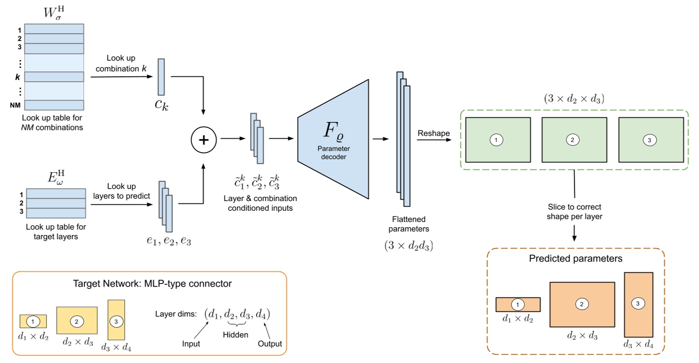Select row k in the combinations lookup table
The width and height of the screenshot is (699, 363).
54,77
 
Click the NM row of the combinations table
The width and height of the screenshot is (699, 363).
54,105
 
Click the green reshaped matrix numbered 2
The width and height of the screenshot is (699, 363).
574,140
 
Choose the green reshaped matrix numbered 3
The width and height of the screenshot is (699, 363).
651,140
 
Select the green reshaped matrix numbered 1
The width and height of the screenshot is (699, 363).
497,140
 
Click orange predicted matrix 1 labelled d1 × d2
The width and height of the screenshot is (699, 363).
518,304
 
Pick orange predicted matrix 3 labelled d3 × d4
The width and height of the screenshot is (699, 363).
638,304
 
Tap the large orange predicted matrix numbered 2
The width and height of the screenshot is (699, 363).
582,304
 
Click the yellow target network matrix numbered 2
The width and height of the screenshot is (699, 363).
77,321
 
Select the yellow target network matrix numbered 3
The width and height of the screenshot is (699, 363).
116,320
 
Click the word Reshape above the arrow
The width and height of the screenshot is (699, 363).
434,134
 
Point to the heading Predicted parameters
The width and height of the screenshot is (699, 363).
576,258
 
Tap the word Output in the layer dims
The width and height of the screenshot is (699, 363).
269,344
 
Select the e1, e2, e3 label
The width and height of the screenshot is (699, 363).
167,241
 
